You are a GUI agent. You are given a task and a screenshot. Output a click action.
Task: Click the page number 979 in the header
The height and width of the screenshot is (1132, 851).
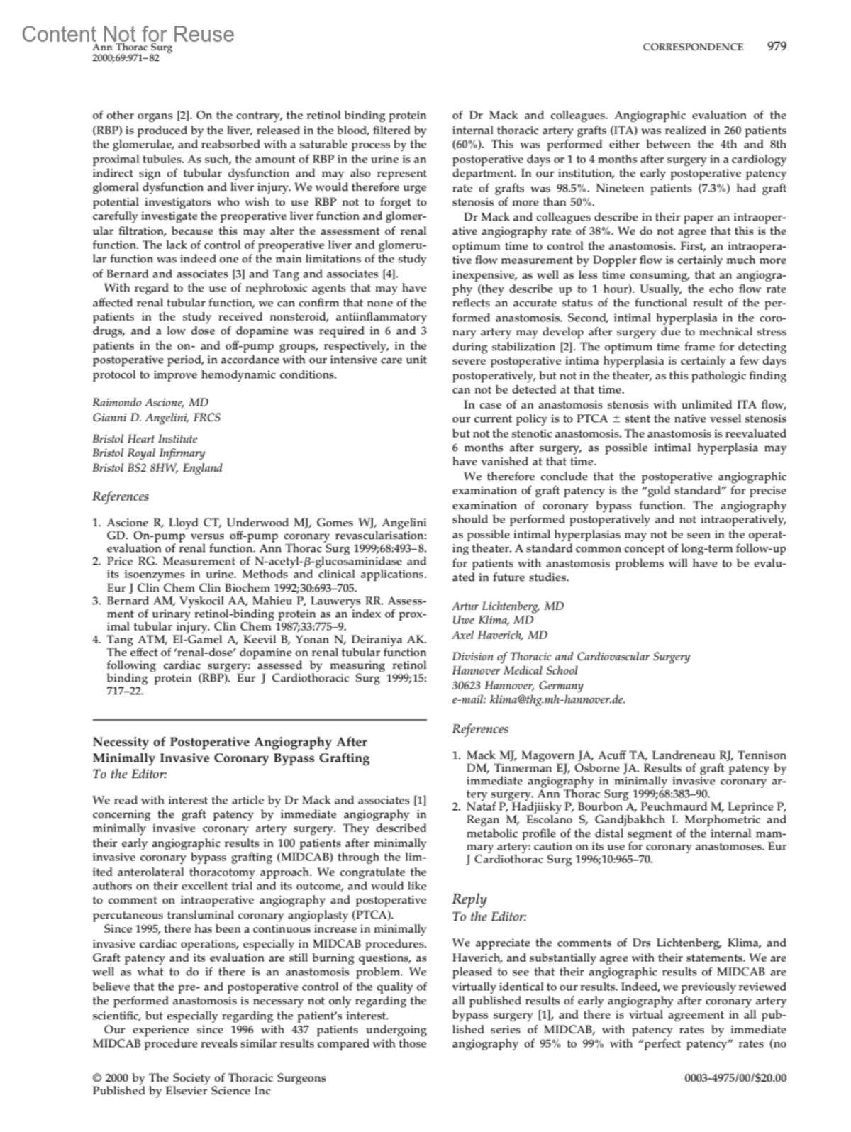point(777,47)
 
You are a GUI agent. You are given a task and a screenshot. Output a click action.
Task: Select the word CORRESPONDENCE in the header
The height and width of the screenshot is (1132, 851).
point(693,47)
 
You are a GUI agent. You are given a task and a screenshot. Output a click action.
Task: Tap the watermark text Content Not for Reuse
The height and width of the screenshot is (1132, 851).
point(128,33)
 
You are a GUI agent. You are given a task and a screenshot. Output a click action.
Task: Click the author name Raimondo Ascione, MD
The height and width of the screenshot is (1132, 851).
point(150,402)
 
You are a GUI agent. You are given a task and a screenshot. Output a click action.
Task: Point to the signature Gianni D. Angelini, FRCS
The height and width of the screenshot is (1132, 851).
point(157,417)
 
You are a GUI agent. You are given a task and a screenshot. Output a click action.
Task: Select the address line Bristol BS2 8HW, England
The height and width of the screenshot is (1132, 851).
point(157,467)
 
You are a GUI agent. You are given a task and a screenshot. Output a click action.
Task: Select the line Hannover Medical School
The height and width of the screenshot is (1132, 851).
point(515,670)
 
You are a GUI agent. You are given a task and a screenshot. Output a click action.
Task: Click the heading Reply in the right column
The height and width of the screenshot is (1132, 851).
point(469,899)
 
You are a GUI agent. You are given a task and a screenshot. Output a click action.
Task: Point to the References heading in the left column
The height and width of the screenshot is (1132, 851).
point(121,496)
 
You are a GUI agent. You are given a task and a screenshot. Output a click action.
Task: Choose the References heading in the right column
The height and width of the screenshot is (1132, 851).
point(480,728)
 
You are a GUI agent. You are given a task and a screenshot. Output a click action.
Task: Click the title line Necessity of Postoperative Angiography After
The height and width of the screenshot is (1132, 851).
point(230,742)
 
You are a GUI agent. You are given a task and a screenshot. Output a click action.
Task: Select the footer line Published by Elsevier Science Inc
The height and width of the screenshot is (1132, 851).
point(182,1091)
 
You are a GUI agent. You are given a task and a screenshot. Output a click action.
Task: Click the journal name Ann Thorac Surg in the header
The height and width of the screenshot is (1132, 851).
point(133,48)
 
